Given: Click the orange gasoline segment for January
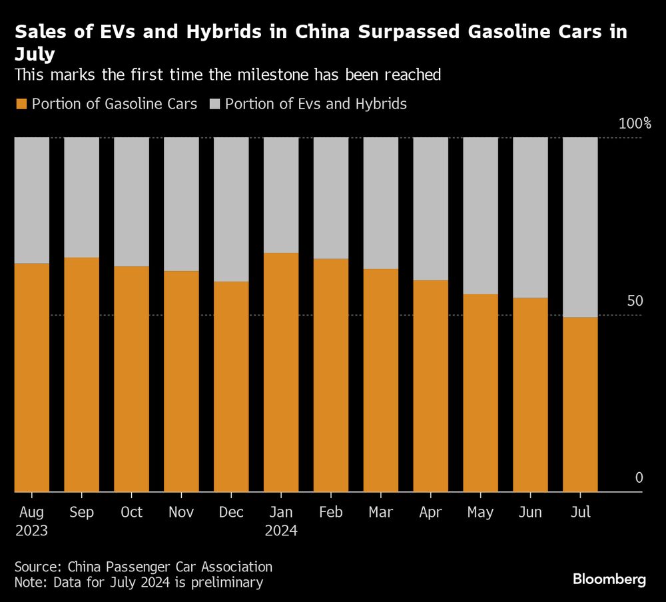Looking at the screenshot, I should tap(281, 373).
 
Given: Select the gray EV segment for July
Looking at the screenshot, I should tap(580, 227).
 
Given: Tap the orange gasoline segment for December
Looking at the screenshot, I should tap(231, 387).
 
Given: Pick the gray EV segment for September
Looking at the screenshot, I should tap(81, 197).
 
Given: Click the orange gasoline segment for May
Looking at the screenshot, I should tap(480, 393).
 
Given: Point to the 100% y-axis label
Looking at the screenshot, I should tap(634, 124).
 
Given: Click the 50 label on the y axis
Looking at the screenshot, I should tap(634, 302).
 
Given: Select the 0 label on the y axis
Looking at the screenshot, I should tap(639, 478).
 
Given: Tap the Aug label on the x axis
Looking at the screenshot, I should tap(31, 512).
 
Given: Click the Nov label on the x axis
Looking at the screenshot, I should tap(181, 512).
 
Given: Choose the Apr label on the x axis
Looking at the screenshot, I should tap(430, 512).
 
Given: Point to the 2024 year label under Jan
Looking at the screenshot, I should tap(281, 531).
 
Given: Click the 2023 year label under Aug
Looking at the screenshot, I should tap(31, 531).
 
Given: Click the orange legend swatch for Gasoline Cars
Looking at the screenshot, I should tap(21, 104).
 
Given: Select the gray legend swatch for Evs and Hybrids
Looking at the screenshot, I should tap(214, 104).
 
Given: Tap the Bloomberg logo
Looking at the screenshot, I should tap(609, 579).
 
